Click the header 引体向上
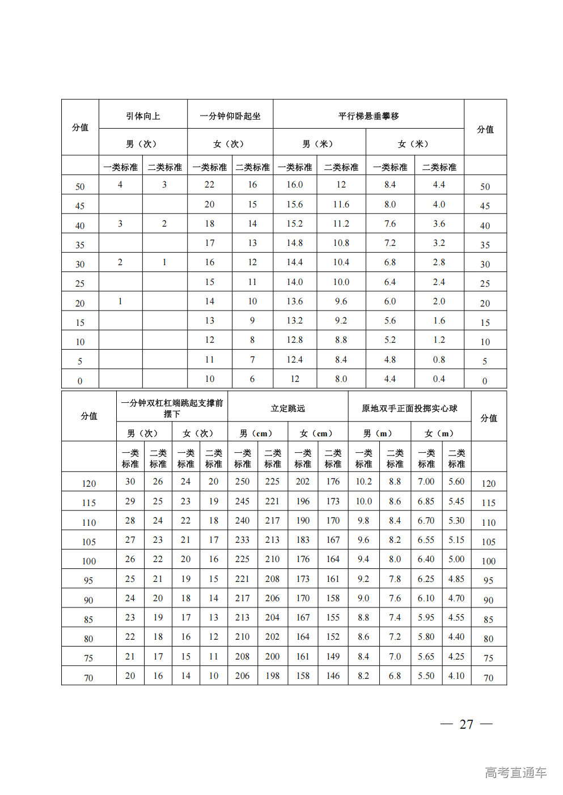point(143,116)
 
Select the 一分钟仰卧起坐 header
point(230,116)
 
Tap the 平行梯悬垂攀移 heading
point(369,116)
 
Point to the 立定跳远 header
point(287,409)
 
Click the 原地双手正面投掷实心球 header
point(409,409)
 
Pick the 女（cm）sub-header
point(318,433)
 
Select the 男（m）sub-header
point(379,433)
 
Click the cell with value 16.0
point(294,185)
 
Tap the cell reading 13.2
point(294,321)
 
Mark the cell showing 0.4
point(439,379)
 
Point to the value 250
point(242,482)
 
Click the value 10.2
point(363,482)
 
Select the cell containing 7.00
point(426,482)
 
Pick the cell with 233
point(242,540)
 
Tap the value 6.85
point(426,501)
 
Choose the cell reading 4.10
point(456,676)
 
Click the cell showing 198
point(272,676)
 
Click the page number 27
point(466,725)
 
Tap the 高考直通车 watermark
point(515,772)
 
